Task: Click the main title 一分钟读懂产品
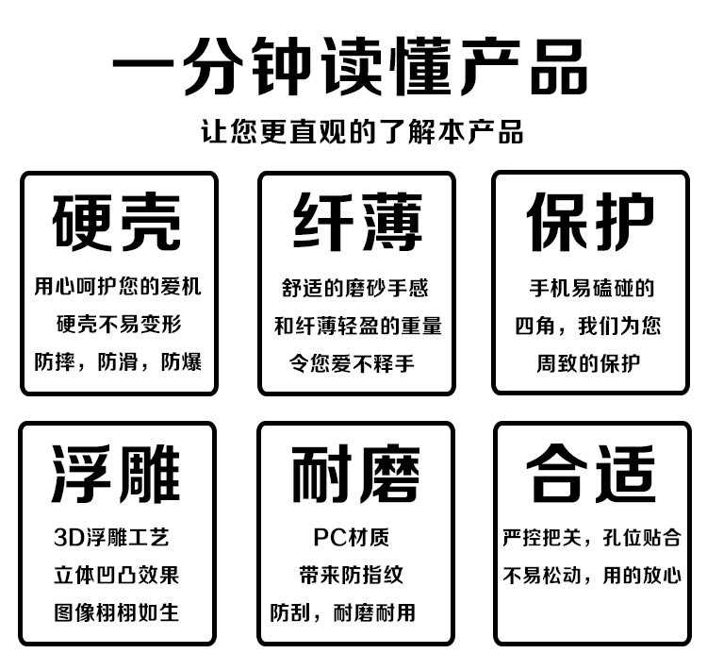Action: pos(351,70)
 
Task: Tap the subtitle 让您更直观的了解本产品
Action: pos(363,131)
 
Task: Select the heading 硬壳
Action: pos(118,222)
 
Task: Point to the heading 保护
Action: pos(590,222)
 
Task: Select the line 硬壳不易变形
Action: pos(118,324)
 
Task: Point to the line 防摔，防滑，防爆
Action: pos(118,361)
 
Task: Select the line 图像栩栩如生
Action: pos(117,612)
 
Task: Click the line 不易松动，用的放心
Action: pos(591,576)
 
